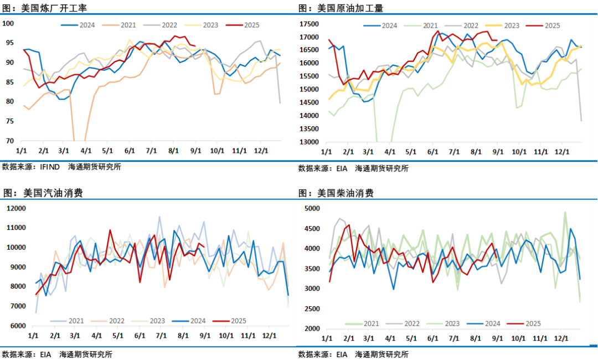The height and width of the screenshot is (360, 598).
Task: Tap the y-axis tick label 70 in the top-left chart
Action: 10,141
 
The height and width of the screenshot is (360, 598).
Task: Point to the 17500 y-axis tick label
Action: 309,24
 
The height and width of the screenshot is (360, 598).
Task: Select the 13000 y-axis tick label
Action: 309,142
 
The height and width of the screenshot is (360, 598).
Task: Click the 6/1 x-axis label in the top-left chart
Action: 130,151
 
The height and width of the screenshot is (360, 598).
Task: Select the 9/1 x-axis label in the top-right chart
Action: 497,152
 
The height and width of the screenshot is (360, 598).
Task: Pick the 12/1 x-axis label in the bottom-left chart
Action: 269,336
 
